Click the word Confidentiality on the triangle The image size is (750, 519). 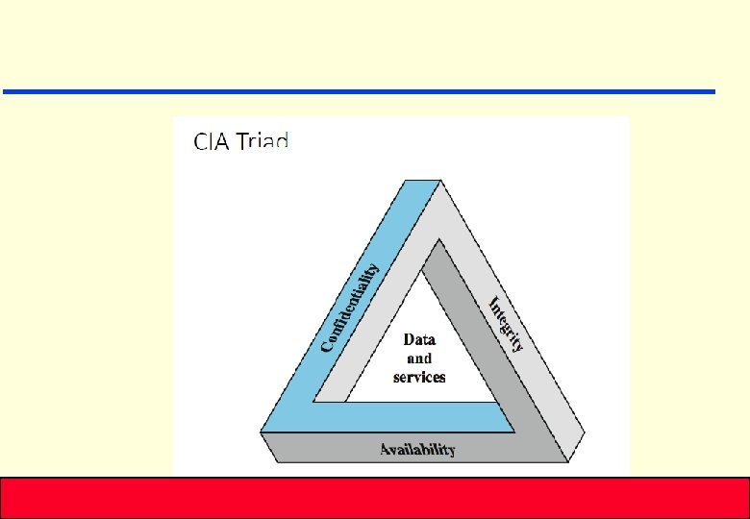click(x=350, y=308)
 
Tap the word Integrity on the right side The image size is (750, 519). click(x=506, y=324)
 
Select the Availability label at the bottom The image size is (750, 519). click(x=417, y=449)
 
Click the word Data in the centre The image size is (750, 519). click(x=419, y=339)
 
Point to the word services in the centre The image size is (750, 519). click(x=419, y=377)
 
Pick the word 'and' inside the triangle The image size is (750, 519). click(x=419, y=358)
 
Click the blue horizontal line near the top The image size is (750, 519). click(x=359, y=91)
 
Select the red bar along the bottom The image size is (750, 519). click(x=375, y=497)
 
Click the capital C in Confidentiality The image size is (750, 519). click(x=327, y=344)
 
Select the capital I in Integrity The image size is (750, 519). click(x=493, y=303)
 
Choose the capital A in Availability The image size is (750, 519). click(x=385, y=449)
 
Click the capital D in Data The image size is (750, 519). click(x=409, y=339)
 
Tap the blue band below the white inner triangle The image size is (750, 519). click(x=404, y=416)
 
